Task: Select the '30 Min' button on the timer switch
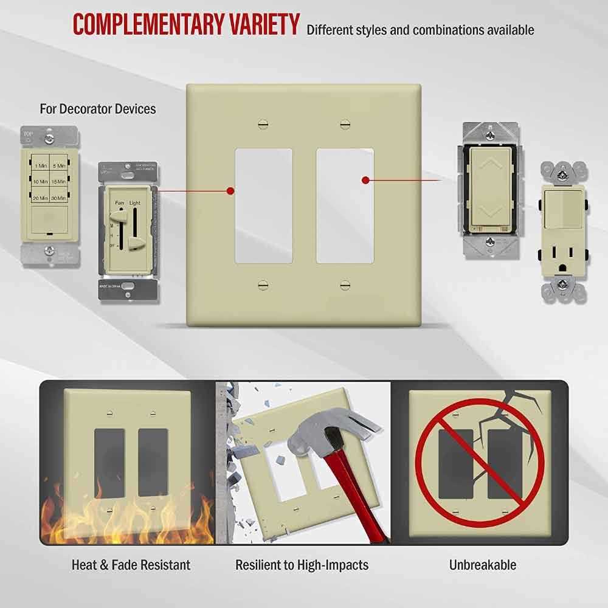pos(58,198)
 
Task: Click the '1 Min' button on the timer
pos(41,165)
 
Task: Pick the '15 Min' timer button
pos(58,182)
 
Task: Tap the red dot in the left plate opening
pos(230,191)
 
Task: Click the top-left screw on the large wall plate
pos(263,124)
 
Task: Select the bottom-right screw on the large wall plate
pos(345,284)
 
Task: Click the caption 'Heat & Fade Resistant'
pos(131,565)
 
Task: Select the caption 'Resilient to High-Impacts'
pos(302,565)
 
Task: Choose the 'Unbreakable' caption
pos(483,565)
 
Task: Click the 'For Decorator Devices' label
pos(98,109)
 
